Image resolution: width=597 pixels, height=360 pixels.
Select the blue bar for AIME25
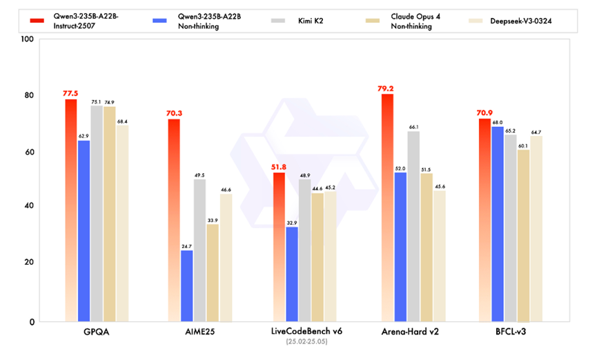click(x=186, y=286)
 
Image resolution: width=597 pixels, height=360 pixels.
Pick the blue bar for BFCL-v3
click(x=497, y=224)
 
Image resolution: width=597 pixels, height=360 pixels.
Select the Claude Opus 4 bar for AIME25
click(x=213, y=272)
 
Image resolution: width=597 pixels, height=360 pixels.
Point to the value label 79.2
click(x=387, y=88)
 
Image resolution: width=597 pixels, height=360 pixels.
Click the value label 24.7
click(x=186, y=246)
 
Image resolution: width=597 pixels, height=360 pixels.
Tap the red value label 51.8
click(x=279, y=166)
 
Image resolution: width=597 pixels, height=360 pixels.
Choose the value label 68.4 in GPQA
click(x=122, y=121)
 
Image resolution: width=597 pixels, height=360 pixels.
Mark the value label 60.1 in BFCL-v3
click(x=522, y=146)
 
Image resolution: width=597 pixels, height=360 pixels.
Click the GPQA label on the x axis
click(x=97, y=332)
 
